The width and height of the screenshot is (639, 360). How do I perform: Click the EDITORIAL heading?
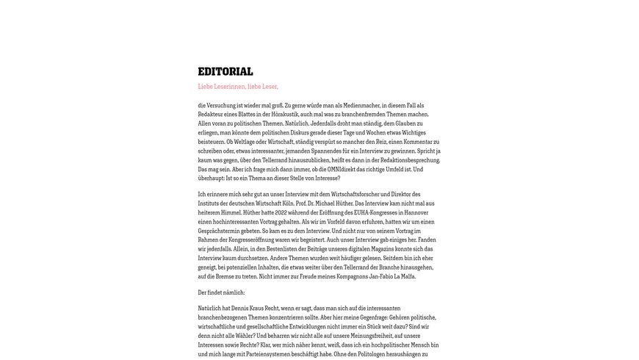tap(225, 71)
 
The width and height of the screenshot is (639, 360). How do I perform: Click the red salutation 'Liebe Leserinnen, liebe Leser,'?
tap(238, 87)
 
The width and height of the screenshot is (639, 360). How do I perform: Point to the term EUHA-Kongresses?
tap(371, 212)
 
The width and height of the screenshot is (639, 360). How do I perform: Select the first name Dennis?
tap(242, 309)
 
